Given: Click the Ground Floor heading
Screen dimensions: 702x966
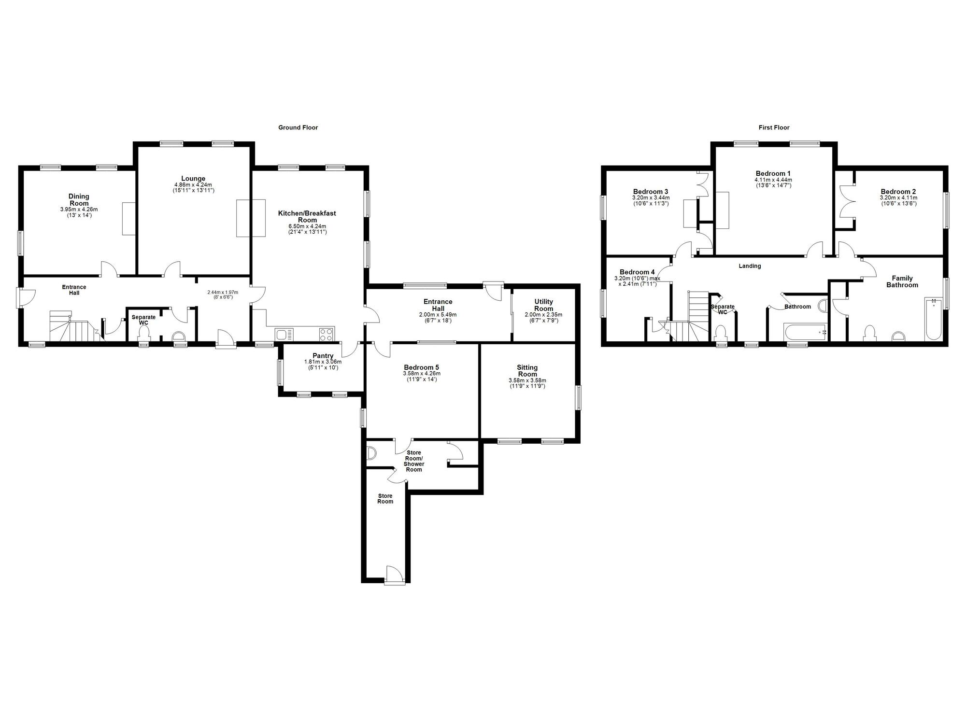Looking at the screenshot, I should tap(298, 127).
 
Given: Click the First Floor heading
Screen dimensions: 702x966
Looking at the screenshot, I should tap(774, 127).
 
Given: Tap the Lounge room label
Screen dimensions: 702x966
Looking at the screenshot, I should tap(193, 179).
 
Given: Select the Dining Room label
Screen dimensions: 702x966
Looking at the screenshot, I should tap(79, 200).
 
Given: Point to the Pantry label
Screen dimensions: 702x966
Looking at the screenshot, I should tap(323, 356).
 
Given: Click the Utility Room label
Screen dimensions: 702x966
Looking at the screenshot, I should tap(543, 305).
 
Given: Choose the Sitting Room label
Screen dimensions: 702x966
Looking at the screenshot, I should tap(527, 371).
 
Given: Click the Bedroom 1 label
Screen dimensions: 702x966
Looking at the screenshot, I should tap(773, 173).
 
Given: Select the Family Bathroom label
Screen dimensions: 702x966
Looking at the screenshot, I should tap(902, 281).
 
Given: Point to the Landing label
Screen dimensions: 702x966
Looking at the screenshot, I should tap(750, 266).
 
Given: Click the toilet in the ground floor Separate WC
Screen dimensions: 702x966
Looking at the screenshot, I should tap(143, 333).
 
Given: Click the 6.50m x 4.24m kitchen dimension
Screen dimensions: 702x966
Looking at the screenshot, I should tap(307, 226).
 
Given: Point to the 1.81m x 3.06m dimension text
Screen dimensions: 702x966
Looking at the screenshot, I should tap(323, 362).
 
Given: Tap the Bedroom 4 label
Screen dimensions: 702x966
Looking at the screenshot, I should tap(637, 272).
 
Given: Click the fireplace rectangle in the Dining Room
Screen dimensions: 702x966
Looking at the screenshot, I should tap(128, 219).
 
